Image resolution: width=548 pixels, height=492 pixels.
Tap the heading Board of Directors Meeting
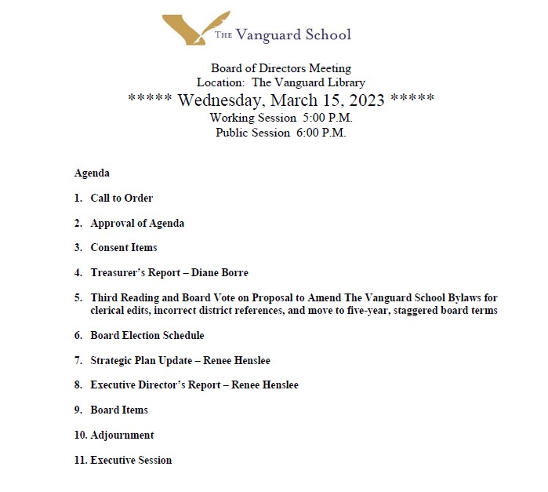(x=281, y=68)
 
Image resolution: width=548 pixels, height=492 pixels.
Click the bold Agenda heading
(x=92, y=173)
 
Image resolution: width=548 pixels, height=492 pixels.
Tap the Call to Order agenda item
(x=122, y=198)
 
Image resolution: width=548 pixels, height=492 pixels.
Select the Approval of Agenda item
(x=137, y=223)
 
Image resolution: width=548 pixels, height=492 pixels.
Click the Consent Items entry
(x=124, y=247)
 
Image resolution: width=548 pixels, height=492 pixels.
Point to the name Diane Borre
(x=220, y=272)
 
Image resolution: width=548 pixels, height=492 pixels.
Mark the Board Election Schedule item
(x=147, y=335)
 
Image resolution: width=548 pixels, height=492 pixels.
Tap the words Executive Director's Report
(x=160, y=384)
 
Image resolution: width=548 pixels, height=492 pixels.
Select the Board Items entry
(x=119, y=410)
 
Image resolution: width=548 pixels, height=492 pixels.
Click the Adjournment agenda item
(x=122, y=435)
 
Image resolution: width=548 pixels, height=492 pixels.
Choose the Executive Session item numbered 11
(x=131, y=460)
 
